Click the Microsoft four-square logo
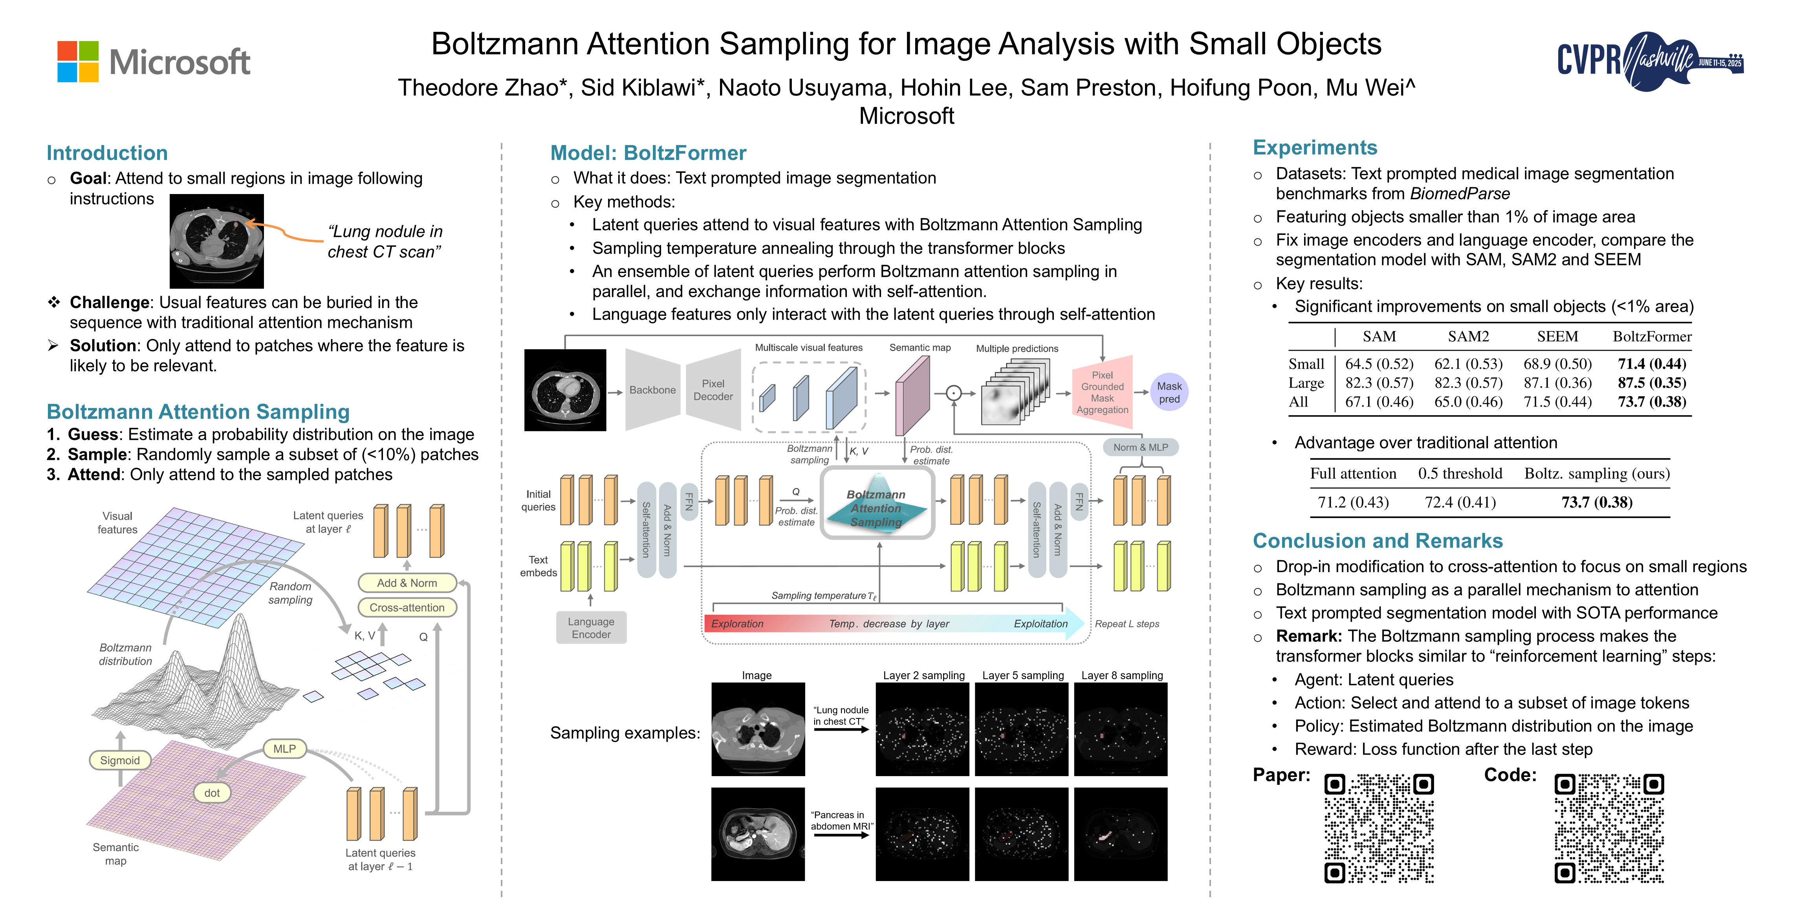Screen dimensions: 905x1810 78,62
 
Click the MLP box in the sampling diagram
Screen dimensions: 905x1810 284,749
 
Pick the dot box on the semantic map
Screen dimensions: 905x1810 211,793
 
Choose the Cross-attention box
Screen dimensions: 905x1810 407,608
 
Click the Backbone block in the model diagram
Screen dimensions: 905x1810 652,390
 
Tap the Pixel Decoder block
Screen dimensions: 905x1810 713,390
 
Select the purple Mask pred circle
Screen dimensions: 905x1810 1169,392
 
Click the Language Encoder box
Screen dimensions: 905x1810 591,627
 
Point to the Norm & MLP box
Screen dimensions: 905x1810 1140,447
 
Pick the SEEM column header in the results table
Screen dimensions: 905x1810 1557,337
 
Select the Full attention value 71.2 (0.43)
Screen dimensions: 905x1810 1352,502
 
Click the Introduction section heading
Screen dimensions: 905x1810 107,153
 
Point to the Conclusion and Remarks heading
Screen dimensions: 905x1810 1377,540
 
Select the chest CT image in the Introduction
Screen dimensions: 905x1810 216,241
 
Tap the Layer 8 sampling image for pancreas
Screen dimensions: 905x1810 1121,834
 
